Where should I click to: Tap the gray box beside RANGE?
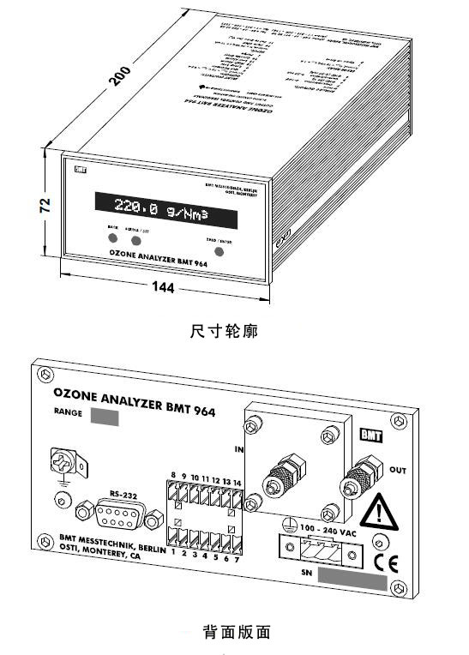[105, 418]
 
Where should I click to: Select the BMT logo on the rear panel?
[371, 434]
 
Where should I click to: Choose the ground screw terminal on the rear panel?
[63, 462]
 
